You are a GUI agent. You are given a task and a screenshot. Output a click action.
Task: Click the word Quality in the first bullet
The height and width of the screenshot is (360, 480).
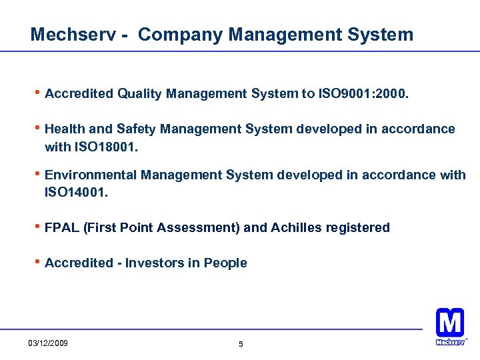(140, 94)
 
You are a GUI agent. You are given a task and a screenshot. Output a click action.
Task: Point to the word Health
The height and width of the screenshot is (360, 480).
(64, 129)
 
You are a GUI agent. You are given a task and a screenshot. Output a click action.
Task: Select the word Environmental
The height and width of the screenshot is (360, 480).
(91, 175)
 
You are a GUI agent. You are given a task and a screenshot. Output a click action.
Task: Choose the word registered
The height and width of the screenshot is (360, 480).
(357, 228)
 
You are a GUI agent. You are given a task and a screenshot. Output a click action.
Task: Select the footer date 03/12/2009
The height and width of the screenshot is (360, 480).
(48, 344)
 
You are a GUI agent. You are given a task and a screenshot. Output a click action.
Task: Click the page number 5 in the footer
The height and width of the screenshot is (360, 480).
(241, 345)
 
